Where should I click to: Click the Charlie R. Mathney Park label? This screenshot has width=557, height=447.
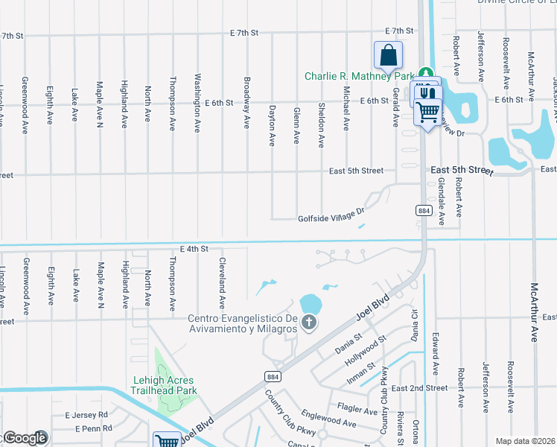click(x=359, y=76)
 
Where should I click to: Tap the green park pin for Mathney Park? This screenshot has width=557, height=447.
click(x=426, y=74)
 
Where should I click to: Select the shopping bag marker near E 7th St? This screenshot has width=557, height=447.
click(x=388, y=55)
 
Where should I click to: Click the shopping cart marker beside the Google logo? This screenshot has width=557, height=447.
click(x=168, y=441)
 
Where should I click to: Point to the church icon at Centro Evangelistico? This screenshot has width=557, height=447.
click(x=308, y=323)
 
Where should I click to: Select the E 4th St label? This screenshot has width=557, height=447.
click(x=194, y=248)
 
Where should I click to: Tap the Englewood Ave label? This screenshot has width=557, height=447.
click(x=328, y=419)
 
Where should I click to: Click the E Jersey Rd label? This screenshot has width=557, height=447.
click(x=86, y=414)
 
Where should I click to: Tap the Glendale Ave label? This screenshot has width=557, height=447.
click(x=441, y=201)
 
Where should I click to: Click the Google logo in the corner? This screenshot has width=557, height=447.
click(x=25, y=438)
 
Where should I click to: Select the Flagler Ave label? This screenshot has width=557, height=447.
click(x=357, y=409)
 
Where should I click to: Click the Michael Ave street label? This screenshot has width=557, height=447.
click(x=346, y=108)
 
